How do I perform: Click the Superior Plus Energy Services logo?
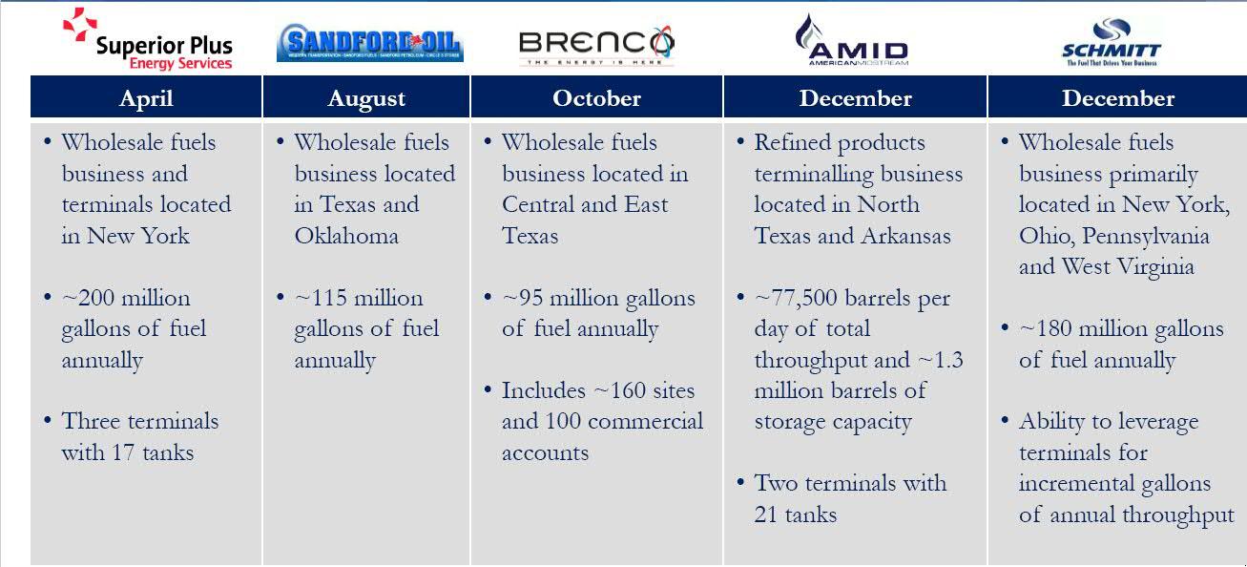[x=148, y=40]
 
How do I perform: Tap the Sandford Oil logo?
[x=368, y=44]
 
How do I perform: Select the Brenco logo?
[x=596, y=44]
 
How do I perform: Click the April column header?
[x=146, y=98]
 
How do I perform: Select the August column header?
[x=366, y=98]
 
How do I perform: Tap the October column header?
[x=596, y=98]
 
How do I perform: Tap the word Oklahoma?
[x=346, y=236]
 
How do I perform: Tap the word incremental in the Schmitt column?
[x=1083, y=484]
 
